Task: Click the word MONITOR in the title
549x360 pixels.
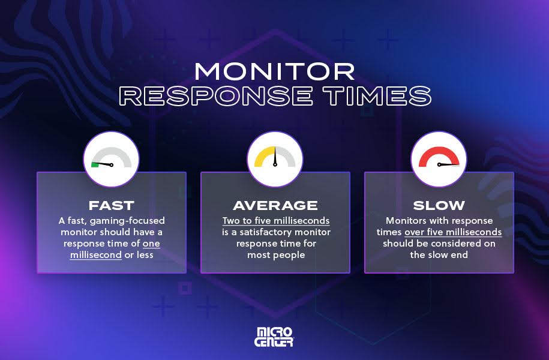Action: point(274,72)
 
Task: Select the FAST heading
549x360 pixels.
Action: point(111,205)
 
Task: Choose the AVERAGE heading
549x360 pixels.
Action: point(275,205)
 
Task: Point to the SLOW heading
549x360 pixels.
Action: point(439,205)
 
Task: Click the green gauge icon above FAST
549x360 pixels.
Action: point(111,159)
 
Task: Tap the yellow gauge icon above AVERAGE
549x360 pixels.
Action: point(275,159)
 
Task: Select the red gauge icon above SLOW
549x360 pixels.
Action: point(439,159)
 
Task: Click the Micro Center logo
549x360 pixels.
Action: point(275,337)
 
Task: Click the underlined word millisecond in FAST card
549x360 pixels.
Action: point(97,255)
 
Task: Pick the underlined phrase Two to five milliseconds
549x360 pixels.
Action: point(275,221)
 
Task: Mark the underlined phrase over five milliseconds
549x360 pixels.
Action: point(453,232)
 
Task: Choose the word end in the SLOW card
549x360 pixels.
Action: point(457,255)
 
